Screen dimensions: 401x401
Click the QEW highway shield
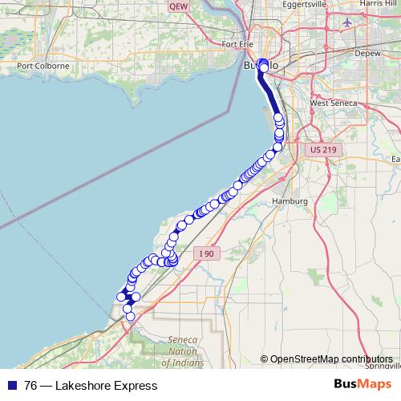pyautogui.click(x=178, y=6)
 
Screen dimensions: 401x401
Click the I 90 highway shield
pyautogui.click(x=207, y=253)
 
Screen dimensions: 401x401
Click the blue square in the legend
pyautogui.click(x=10, y=386)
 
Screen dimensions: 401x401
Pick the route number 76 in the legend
pyautogui.click(x=30, y=386)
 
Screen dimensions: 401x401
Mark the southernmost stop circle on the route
pyautogui.click(x=130, y=317)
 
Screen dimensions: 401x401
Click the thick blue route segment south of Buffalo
pyautogui.click(x=272, y=101)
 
